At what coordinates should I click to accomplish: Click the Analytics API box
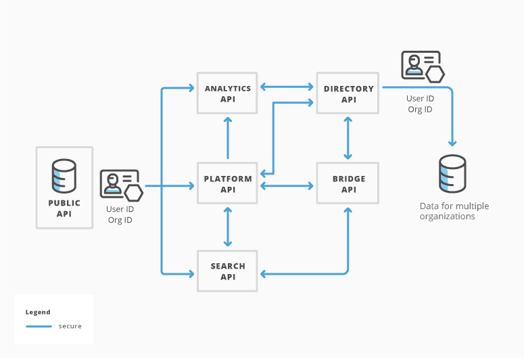tap(227, 93)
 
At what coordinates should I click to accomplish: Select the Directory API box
tap(348, 93)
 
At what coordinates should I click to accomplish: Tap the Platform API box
tap(227, 184)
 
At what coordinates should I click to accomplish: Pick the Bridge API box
tap(348, 184)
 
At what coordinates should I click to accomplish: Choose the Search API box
tap(227, 271)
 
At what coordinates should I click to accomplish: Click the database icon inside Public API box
tap(64, 176)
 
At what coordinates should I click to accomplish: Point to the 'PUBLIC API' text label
tap(64, 208)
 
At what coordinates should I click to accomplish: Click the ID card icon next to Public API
tap(121, 185)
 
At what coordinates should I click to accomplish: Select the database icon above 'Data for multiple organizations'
tap(452, 173)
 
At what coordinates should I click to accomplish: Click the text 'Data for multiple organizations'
tap(454, 211)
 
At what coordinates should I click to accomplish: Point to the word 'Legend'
tap(38, 312)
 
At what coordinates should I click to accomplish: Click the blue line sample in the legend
tap(39, 326)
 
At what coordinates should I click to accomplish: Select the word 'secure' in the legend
tap(70, 326)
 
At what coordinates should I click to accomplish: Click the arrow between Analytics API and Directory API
tap(287, 87)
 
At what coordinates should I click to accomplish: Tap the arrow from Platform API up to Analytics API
tap(227, 138)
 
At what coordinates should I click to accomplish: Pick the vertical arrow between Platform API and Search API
tap(227, 227)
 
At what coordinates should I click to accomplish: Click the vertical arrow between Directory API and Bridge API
tap(348, 138)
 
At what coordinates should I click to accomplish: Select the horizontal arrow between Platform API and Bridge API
tap(287, 185)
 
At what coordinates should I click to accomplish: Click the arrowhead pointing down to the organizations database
tap(452, 143)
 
